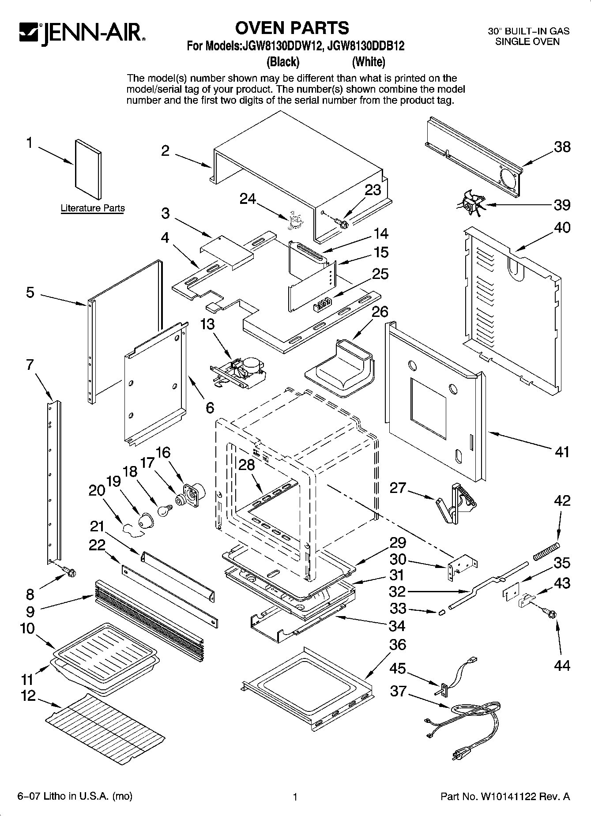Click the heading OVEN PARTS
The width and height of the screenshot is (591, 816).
292,28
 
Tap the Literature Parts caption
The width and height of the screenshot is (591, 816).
93,208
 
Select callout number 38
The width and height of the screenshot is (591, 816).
562,147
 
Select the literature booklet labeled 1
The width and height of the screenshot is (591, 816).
88,170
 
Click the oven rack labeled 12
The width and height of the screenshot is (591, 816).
106,726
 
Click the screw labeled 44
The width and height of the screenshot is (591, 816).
552,613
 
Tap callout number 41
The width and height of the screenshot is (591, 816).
561,451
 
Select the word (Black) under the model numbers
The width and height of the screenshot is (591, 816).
283,62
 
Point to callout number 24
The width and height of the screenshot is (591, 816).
247,199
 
